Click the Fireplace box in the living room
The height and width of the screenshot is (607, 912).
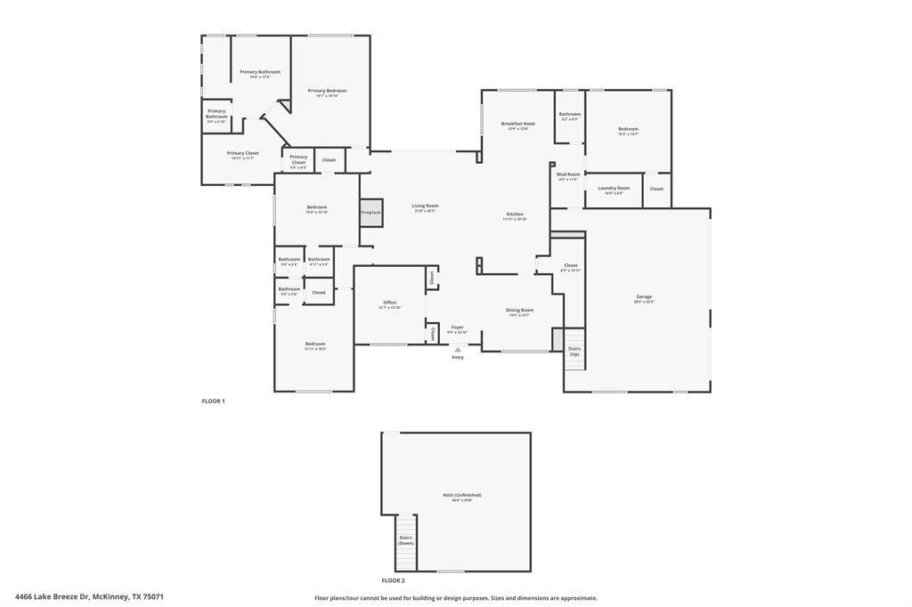(x=370, y=213)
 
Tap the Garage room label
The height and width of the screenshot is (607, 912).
(x=644, y=297)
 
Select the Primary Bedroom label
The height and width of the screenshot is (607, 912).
(x=327, y=91)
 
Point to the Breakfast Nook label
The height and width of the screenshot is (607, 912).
(x=517, y=125)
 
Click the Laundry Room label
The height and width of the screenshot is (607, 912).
(x=614, y=189)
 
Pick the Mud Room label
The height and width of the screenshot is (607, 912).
(x=568, y=175)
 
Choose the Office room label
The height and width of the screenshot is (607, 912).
(x=389, y=303)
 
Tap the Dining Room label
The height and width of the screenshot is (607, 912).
(x=520, y=311)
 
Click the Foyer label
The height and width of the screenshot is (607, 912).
(x=457, y=328)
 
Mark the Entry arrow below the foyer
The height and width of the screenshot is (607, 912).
(x=458, y=350)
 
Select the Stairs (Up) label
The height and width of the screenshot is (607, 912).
(x=574, y=351)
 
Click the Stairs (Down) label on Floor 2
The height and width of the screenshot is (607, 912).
(x=406, y=539)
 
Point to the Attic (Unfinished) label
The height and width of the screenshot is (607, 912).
(x=462, y=496)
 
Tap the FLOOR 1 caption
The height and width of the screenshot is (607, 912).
(x=214, y=401)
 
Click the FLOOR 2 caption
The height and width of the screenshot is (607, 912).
(x=394, y=580)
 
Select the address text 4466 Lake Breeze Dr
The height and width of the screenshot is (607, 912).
(x=89, y=596)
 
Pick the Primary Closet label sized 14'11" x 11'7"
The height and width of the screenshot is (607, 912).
(x=242, y=154)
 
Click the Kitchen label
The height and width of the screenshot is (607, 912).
(x=515, y=214)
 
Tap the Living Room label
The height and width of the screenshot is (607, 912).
(x=425, y=206)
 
